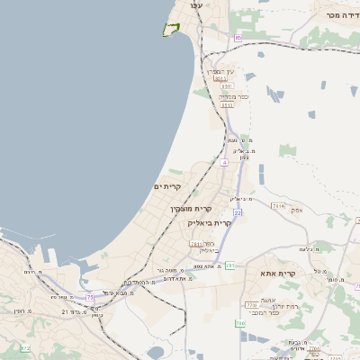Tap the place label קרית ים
point(168,186)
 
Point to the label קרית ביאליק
point(210,222)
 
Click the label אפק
point(298,210)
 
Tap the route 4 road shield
point(224,163)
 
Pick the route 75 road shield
point(89,297)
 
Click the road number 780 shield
point(239,322)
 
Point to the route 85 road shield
point(238,38)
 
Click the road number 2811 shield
point(196,244)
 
